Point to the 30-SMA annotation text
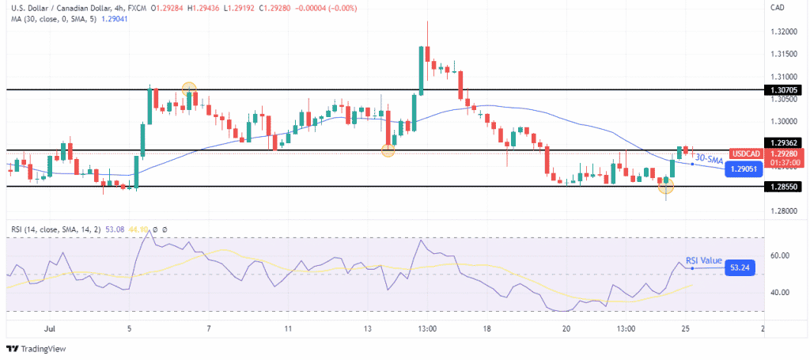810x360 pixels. point(709,158)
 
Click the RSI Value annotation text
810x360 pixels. point(703,260)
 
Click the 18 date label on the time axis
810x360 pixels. point(488,328)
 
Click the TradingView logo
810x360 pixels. point(38,349)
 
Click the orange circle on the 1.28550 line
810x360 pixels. point(666,187)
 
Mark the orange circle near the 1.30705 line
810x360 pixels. point(188,89)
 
